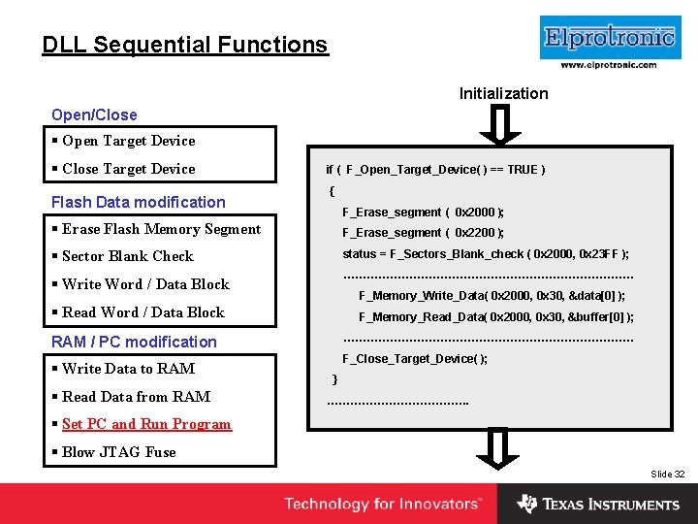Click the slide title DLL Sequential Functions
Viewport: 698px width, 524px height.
[x=185, y=45]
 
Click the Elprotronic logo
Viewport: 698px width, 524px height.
[x=609, y=38]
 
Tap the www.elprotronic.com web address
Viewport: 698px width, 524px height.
[x=609, y=65]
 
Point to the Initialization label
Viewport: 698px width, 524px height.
[x=503, y=93]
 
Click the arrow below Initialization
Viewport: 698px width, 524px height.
[x=500, y=124]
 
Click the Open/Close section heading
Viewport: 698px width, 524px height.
[x=94, y=115]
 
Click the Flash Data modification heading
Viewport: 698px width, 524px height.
[x=138, y=202]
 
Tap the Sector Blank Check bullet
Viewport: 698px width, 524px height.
[x=127, y=256]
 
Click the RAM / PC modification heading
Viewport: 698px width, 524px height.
[x=134, y=342]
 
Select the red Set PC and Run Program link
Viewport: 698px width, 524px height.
[x=146, y=424]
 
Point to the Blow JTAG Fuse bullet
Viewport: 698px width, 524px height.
[x=118, y=452]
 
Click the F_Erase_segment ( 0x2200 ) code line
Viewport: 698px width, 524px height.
[x=423, y=233]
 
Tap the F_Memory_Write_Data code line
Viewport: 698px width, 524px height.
[x=492, y=296]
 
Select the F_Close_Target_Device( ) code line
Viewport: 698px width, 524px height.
[x=415, y=359]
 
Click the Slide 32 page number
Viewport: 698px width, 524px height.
[x=667, y=475]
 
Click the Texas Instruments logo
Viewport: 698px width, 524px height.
[x=598, y=505]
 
